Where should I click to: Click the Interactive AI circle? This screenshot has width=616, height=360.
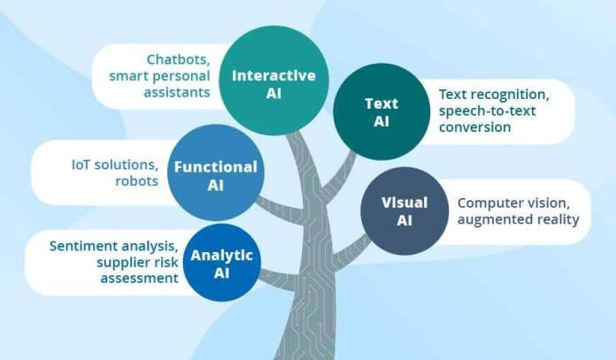click(273, 80)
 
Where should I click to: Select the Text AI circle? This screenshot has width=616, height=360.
click(381, 111)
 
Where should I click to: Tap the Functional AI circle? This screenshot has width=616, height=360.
click(216, 172)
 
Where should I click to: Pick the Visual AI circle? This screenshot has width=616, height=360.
click(404, 211)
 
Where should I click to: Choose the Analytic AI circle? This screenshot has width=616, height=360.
click(222, 263)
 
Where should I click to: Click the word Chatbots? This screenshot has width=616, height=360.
click(178, 59)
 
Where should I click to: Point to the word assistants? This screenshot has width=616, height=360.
click(177, 93)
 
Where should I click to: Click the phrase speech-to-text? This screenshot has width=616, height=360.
click(487, 111)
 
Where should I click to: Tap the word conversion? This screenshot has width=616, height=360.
click(475, 127)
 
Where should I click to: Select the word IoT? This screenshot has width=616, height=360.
click(81, 165)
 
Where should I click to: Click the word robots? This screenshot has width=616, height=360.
click(136, 181)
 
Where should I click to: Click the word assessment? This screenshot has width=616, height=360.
click(140, 279)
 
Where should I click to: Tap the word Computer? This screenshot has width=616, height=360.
click(486, 203)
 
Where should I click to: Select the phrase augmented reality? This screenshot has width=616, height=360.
click(518, 219)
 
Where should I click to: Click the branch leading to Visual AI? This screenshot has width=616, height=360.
click(350, 250)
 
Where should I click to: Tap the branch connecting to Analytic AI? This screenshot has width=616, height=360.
click(280, 279)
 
